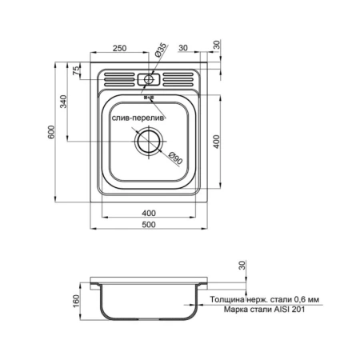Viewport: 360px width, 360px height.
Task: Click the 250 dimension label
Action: point(119,48)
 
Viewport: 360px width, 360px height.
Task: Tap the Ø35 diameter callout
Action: point(161,50)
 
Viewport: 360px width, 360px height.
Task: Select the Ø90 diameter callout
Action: point(176,158)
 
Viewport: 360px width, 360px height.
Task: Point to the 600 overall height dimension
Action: point(51,132)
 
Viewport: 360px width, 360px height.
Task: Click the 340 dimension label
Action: point(63,102)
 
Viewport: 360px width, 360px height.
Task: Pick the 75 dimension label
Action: point(77,70)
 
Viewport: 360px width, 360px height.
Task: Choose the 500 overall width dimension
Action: point(149,225)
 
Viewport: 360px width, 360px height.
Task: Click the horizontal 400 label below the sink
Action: point(149,213)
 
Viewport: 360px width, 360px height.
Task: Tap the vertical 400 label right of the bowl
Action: point(217,142)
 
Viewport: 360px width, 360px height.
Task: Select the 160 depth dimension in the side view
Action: point(77,301)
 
